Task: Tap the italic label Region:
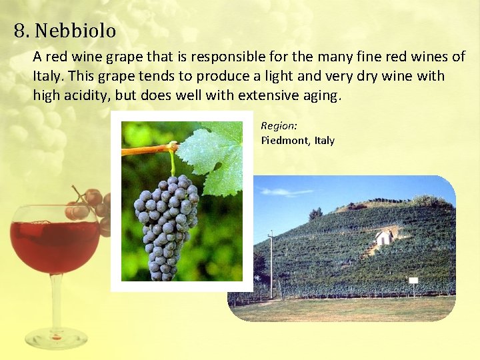coord(279,125)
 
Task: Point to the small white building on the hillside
coord(383,237)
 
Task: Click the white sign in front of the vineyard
coord(413,281)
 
